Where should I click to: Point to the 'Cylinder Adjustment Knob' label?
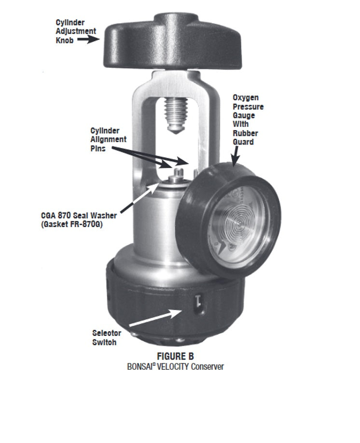76,31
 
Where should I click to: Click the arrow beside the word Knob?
88,40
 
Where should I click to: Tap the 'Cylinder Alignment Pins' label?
109,139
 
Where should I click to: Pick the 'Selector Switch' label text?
107,337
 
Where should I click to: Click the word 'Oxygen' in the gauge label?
245,98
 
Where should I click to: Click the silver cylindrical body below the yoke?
154,227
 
